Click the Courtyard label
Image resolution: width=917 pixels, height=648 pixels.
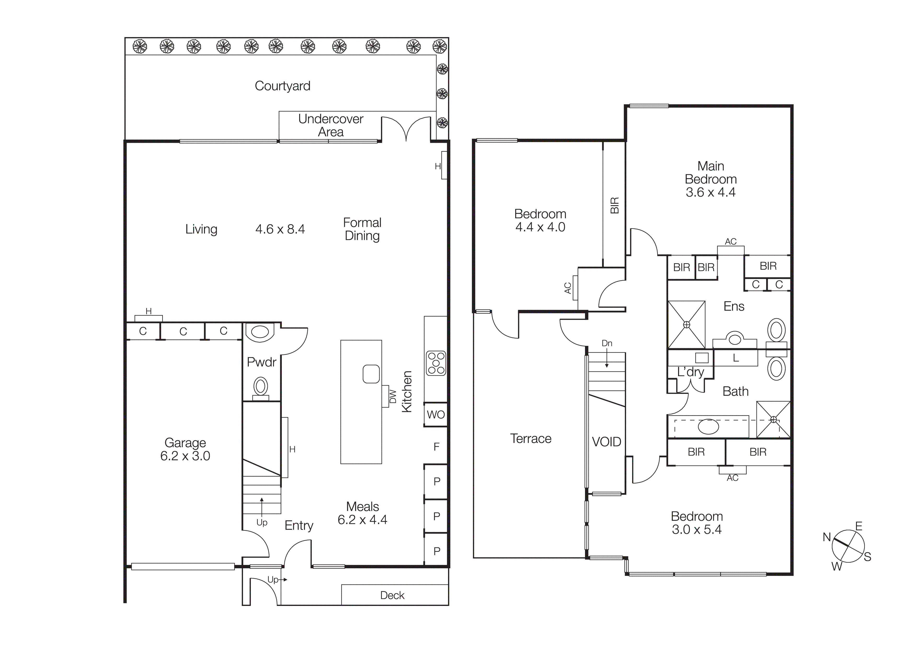(282, 86)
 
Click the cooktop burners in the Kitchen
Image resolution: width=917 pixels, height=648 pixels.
(436, 363)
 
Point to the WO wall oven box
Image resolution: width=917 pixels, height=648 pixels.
(435, 414)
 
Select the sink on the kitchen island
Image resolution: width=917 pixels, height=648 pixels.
(371, 374)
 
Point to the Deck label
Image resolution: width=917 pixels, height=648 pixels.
(392, 595)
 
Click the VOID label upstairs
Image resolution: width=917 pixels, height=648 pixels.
(606, 442)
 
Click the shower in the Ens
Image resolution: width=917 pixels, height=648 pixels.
(686, 325)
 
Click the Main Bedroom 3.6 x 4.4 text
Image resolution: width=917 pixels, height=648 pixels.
(710, 179)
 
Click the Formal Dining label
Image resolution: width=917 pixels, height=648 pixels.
(362, 229)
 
